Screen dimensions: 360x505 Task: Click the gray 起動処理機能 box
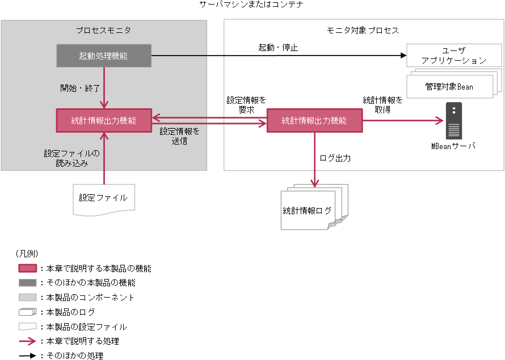click(104, 56)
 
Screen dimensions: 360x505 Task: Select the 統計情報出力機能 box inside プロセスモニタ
click(104, 120)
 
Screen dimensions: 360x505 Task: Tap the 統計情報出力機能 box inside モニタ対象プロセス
click(314, 120)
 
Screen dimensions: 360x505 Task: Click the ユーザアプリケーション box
click(454, 55)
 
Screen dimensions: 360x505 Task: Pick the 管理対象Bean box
click(449, 87)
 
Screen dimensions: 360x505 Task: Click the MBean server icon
click(453, 121)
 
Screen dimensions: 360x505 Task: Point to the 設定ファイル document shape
click(104, 198)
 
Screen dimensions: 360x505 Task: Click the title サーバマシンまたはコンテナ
click(251, 5)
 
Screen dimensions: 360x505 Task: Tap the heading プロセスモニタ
click(103, 30)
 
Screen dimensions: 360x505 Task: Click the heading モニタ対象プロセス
click(363, 30)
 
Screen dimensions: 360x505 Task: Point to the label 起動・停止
click(278, 48)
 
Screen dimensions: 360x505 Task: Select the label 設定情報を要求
click(246, 105)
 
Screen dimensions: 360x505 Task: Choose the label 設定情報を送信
click(179, 136)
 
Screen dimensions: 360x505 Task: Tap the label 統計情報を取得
click(383, 105)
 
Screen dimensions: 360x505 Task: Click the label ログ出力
click(335, 158)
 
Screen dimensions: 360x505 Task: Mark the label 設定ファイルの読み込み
click(72, 158)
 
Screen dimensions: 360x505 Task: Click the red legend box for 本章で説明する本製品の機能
click(28, 268)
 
